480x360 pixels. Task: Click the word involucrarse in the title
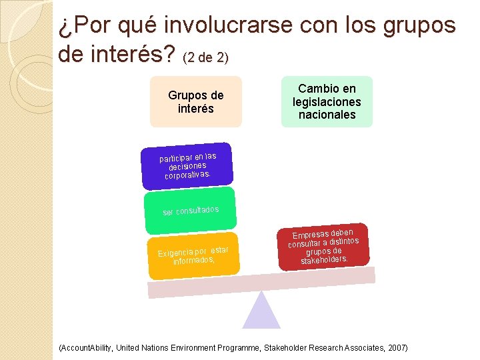click(225, 25)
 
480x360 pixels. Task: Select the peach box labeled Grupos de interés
click(195, 101)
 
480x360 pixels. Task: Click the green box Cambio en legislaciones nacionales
click(327, 101)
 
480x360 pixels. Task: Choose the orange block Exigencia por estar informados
click(193, 255)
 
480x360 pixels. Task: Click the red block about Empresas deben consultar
click(324, 247)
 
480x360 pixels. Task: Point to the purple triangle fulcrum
click(261, 311)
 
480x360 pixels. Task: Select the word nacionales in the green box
click(327, 115)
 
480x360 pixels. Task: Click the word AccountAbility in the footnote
click(87, 348)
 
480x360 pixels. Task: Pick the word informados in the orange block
click(193, 260)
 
